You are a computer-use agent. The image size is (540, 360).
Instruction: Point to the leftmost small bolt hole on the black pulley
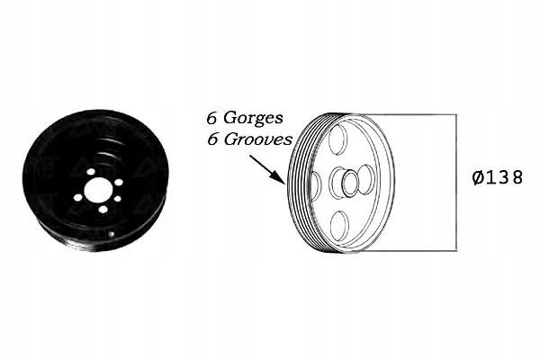point(79,197)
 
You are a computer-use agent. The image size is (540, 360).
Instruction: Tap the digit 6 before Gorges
point(211,117)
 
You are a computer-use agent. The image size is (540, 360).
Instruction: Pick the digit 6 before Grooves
point(211,140)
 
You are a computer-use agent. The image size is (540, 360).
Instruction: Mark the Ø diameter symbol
point(478,177)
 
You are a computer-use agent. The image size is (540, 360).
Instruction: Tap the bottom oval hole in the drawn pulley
point(338,224)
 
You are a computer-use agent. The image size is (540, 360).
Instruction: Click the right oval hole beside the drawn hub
point(366,179)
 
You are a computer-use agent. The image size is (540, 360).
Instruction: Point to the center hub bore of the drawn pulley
point(345,184)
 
